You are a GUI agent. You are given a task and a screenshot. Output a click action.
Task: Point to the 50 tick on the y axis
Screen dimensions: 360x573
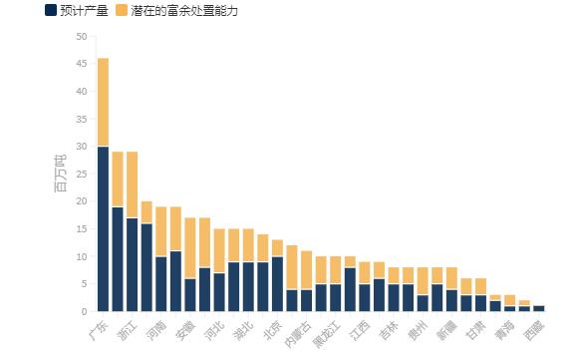(x=81, y=37)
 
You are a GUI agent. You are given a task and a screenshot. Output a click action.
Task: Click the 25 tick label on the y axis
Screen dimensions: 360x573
(x=81, y=175)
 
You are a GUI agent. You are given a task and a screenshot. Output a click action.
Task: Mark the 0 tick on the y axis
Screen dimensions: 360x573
(x=84, y=312)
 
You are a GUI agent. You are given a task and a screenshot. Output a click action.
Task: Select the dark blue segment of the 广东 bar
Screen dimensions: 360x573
(x=103, y=229)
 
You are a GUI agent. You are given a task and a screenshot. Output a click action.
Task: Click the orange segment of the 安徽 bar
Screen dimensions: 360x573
(x=189, y=248)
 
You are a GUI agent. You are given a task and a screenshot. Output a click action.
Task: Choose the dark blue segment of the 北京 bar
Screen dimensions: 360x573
(x=277, y=284)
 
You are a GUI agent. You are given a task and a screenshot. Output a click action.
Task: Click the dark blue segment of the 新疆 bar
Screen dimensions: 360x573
(x=451, y=300)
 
